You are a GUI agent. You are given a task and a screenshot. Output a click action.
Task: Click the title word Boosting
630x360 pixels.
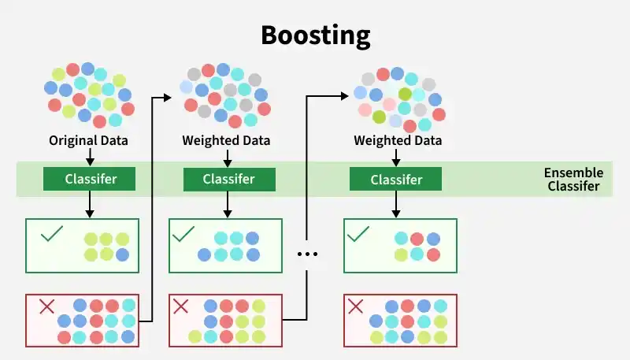point(315,35)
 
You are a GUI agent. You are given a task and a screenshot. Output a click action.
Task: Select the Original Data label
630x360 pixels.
point(89,141)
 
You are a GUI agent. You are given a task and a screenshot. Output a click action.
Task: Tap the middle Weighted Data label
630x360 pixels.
point(227,141)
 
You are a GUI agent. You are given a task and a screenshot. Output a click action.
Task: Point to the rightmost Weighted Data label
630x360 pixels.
point(398,141)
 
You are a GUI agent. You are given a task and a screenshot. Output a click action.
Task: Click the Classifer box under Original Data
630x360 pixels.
point(89,179)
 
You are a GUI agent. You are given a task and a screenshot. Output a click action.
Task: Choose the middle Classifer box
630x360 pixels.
point(228,179)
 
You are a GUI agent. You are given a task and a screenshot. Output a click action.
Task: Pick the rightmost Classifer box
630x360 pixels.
point(396,179)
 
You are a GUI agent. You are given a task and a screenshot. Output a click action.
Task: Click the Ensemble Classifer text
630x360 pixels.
point(573,180)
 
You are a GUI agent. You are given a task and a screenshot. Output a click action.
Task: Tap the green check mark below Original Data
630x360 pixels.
point(51,234)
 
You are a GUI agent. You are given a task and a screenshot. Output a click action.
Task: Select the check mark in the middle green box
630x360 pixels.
point(183,234)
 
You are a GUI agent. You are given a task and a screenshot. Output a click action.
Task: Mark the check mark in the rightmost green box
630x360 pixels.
point(358,234)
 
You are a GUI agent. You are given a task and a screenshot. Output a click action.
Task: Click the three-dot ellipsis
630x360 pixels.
point(307,254)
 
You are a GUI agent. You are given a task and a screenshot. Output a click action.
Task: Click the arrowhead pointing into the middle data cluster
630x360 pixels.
point(167,97)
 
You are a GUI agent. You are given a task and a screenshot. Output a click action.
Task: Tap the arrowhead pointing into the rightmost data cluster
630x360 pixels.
point(343,95)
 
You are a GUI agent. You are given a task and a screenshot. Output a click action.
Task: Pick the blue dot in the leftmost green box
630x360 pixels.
point(122,254)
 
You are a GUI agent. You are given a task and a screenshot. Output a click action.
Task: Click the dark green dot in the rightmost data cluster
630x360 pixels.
point(379,117)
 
